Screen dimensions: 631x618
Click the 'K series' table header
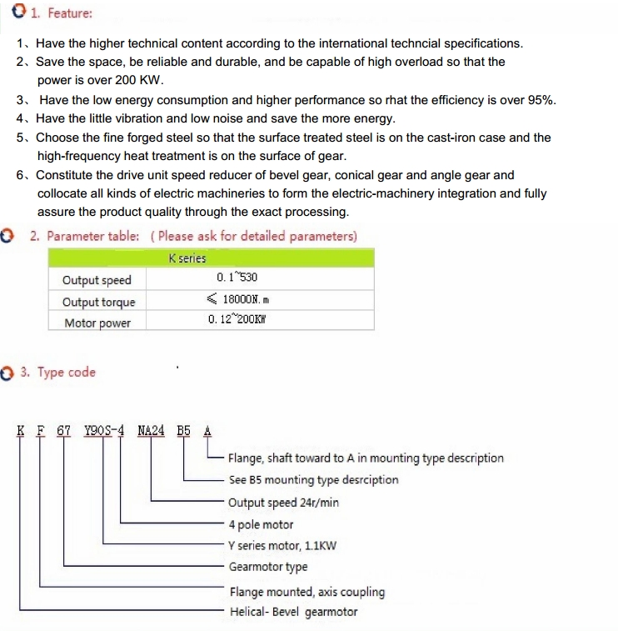click(x=187, y=259)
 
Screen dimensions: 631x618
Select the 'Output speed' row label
click(x=97, y=280)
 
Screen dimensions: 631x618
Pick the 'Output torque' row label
click(x=98, y=302)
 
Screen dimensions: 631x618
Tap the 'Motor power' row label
click(x=97, y=323)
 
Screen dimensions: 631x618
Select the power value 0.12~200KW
click(x=242, y=318)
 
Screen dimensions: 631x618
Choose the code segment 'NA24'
click(x=152, y=431)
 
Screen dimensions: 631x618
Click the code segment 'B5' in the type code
click(x=184, y=431)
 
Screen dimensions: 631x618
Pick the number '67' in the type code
click(x=63, y=431)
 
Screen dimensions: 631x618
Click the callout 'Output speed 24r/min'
click(x=283, y=503)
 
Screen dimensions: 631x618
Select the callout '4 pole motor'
click(x=261, y=525)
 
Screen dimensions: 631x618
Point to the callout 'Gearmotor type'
click(x=268, y=567)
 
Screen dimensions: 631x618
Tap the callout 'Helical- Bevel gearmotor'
click(x=293, y=612)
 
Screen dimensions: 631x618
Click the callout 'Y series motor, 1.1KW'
click(x=282, y=546)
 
